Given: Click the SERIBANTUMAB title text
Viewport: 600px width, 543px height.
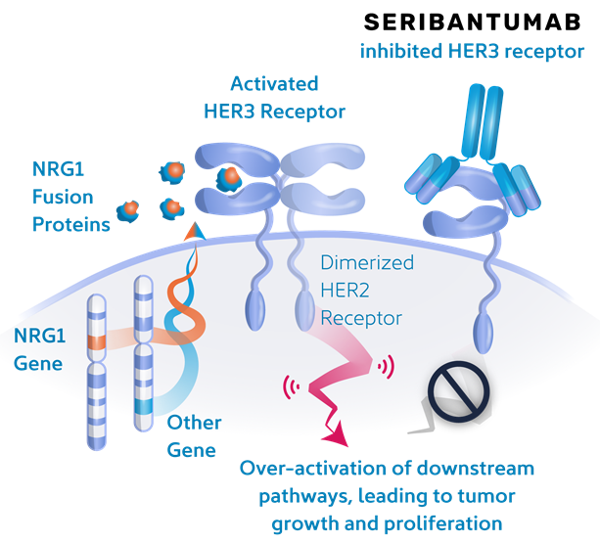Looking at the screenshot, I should [x=469, y=22].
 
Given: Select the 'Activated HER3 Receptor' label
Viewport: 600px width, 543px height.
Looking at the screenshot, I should [x=273, y=98].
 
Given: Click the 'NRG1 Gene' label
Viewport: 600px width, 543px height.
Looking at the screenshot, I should [x=39, y=350].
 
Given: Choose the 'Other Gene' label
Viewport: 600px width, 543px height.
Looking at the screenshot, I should [x=194, y=435].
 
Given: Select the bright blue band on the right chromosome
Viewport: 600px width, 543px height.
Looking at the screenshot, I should [x=145, y=404].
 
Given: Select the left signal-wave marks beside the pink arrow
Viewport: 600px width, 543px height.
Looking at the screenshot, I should [x=290, y=385].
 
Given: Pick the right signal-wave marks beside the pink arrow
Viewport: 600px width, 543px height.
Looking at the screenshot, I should [x=388, y=368].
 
